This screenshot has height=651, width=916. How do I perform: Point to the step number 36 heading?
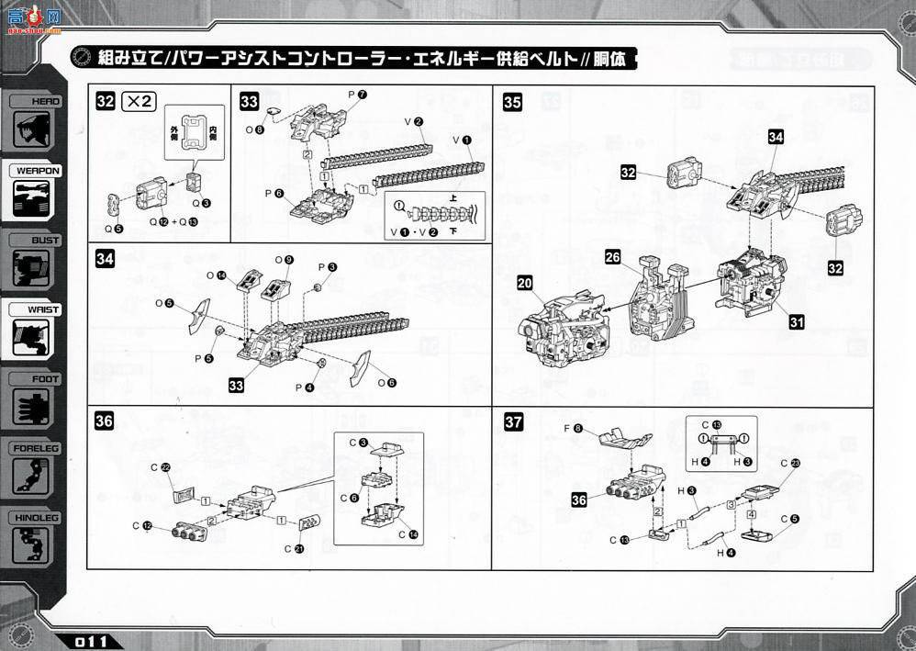[x=105, y=421]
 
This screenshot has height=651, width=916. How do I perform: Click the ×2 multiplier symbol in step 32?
[x=139, y=102]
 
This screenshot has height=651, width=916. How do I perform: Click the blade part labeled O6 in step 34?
[x=360, y=366]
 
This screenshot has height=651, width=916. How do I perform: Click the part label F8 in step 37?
[x=573, y=429]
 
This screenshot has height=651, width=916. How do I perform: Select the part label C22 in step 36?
[x=161, y=468]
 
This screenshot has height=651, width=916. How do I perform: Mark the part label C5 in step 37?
[x=790, y=518]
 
